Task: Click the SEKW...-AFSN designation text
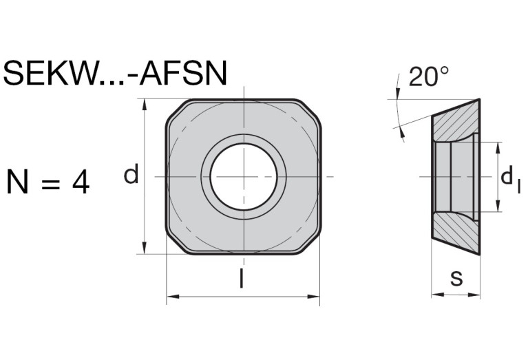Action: (114, 74)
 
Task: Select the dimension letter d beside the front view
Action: (131, 176)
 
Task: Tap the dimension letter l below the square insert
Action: (242, 279)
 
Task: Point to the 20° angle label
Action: (428, 77)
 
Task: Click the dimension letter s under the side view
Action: (456, 278)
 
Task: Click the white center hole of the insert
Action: (243, 177)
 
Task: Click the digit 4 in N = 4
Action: (80, 182)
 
